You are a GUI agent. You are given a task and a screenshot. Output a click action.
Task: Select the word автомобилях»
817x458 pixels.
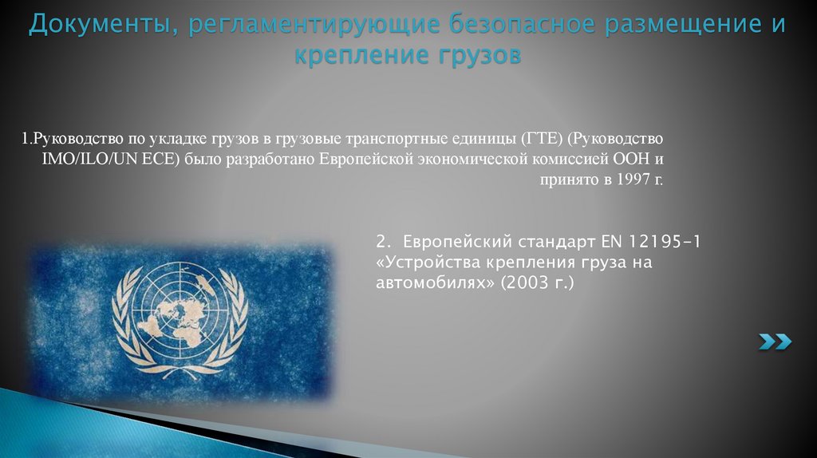point(436,282)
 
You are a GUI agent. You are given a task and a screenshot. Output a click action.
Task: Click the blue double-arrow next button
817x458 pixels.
point(775,342)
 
